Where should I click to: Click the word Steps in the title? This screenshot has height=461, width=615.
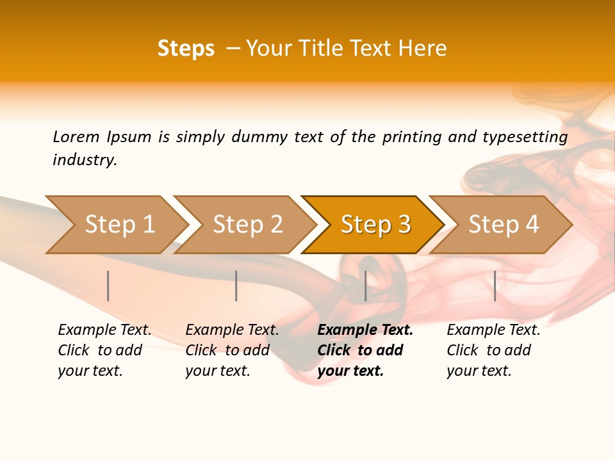click(186, 49)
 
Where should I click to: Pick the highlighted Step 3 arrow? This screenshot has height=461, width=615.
click(375, 225)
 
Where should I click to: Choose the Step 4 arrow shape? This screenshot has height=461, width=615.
click(504, 225)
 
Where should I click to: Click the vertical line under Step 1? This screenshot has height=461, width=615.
click(108, 286)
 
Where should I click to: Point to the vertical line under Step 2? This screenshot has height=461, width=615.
click(236, 286)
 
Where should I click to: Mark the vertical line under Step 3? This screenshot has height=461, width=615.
click(365, 286)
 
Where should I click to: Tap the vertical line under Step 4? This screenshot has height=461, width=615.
click(495, 286)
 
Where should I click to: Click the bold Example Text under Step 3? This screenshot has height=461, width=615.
click(365, 330)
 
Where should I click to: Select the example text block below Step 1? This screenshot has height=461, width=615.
click(104, 350)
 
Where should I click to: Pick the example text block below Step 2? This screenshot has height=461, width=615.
click(232, 350)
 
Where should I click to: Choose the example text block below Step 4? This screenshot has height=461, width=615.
click(493, 350)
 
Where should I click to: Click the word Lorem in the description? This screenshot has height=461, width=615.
click(76, 137)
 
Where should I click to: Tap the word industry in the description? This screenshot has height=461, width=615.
click(84, 160)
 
